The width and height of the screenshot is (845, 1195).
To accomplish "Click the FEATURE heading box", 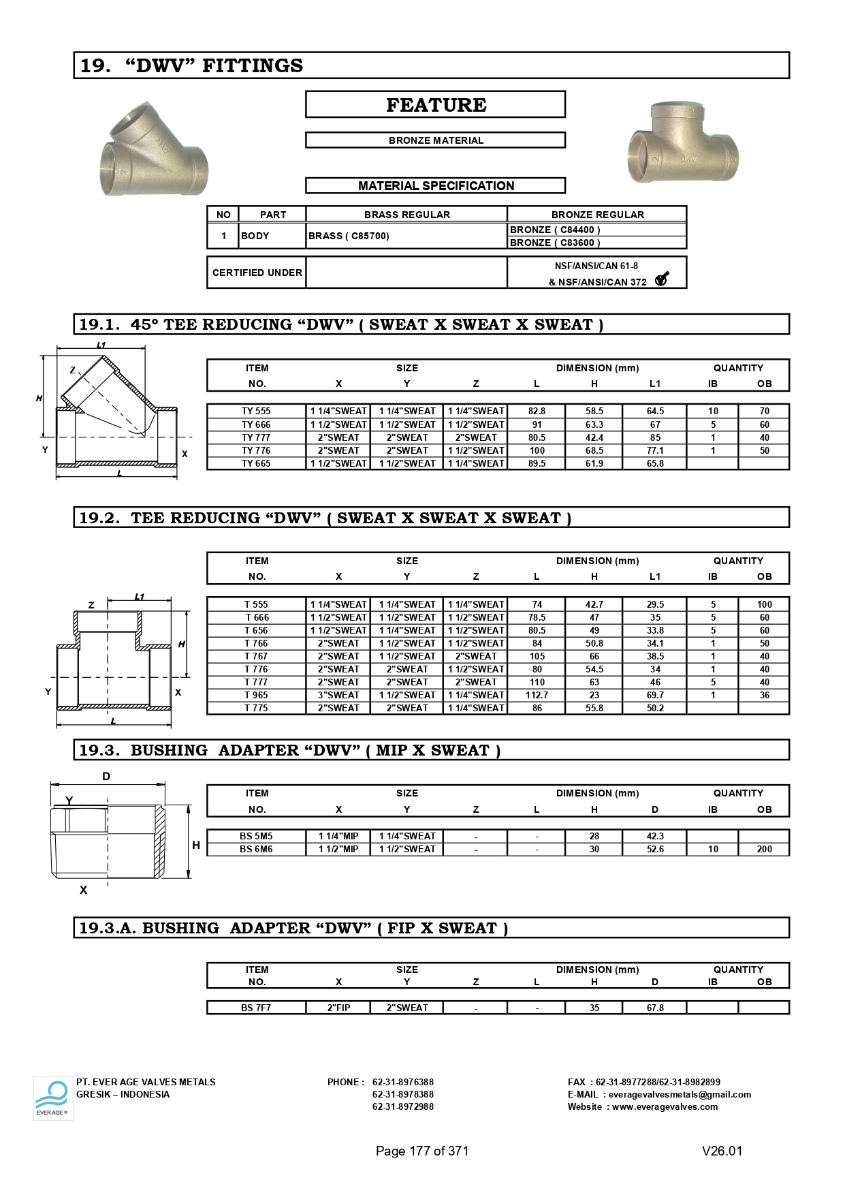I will coord(435,105).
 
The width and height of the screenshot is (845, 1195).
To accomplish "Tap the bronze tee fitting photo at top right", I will coord(682,144).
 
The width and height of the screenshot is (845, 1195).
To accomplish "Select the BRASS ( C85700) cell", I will coord(349,236).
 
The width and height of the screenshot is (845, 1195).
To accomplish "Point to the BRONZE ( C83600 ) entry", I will coord(555,243).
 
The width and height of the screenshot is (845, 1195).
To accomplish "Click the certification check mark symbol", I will coord(662,279).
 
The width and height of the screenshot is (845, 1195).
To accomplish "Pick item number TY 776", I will coord(256,450).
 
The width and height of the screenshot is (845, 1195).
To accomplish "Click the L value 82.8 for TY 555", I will coord(537,411).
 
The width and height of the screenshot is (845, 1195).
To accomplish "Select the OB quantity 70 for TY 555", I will coord(764,411).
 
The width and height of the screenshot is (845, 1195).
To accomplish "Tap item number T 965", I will coord(256,695).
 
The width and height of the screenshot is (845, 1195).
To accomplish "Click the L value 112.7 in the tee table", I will coord(537,695).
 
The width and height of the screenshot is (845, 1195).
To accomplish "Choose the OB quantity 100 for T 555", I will coord(764,604).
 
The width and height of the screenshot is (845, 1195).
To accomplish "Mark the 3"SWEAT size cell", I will coord(338,695).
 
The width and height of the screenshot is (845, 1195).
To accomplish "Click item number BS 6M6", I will coord(256,849).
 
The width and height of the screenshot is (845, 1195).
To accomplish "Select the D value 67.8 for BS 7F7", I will coord(655,1008).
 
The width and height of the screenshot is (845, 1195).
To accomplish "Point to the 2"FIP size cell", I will coord(338,1008).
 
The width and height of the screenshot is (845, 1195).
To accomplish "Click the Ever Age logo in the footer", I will coord(53,1098).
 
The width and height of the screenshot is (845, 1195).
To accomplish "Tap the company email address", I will coord(680,1094).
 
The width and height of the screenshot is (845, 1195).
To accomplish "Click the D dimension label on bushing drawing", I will coord(106,776).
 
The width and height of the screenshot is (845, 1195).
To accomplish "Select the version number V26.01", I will coord(722,1151).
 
